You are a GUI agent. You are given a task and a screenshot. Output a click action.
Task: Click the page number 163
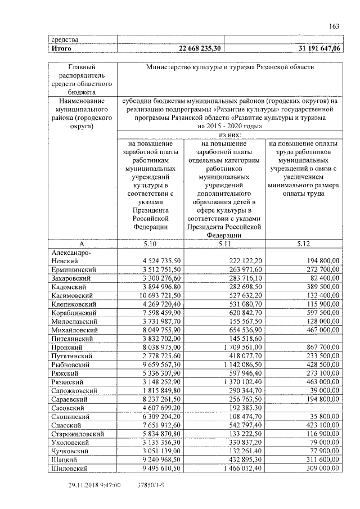pos(334,25)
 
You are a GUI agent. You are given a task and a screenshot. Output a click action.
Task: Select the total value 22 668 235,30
pos(200,49)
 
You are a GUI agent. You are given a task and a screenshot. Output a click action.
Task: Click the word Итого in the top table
pos(61,49)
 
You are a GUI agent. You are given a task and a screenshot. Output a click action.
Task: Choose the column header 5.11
pos(225,244)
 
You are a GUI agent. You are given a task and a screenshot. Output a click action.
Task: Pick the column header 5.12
pos(303,244)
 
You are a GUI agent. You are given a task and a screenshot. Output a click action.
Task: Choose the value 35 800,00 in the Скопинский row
pos(323,417)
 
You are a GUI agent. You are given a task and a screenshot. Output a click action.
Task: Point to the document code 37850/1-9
pos(151,484)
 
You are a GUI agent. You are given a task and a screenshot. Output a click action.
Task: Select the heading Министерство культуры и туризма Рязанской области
pos(229,67)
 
